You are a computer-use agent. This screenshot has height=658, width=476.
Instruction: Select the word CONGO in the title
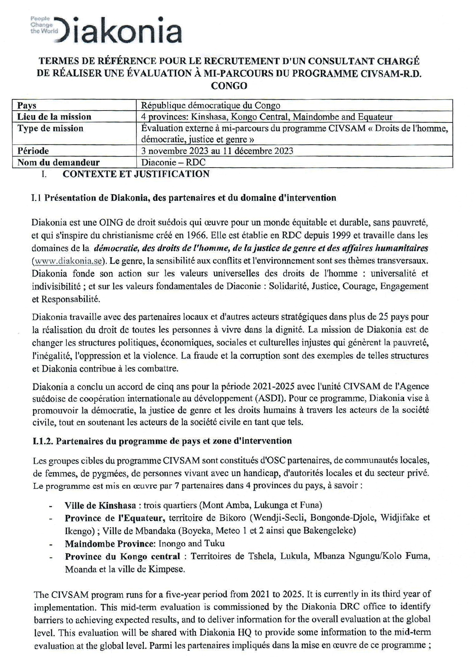[229, 86]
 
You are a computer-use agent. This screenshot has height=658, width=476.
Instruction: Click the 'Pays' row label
[27, 106]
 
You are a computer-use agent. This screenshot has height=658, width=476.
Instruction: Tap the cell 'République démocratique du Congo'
[210, 106]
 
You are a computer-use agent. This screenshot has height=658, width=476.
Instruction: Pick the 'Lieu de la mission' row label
[54, 117]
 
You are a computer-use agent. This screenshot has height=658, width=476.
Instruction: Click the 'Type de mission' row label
[50, 129]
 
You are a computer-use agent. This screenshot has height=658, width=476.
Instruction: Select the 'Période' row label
[33, 151]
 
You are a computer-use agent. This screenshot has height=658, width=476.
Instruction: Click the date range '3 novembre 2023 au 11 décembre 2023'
[217, 151]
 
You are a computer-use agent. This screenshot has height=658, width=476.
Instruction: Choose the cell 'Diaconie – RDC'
[173, 162]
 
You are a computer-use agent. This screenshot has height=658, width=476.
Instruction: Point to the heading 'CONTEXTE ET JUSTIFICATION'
[136, 174]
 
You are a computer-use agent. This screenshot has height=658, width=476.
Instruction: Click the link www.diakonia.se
[67, 261]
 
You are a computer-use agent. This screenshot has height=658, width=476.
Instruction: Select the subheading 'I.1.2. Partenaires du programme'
[162, 441]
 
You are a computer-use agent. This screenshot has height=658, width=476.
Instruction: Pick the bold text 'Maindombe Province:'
[110, 544]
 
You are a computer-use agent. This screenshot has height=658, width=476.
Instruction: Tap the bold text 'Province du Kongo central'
[122, 556]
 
